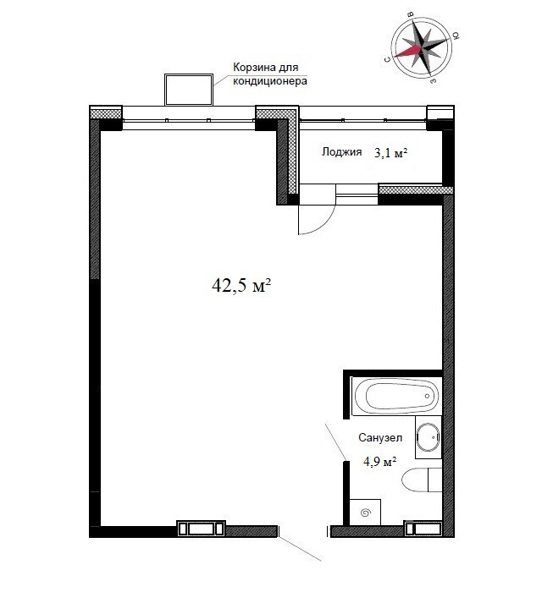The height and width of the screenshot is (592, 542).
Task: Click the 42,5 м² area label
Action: [241, 286]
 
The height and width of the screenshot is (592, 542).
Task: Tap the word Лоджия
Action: [341, 151]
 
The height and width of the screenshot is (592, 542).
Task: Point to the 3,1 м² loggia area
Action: [390, 153]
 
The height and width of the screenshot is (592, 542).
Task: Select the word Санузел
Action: [380, 437]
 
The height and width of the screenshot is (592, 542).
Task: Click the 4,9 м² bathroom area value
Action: [380, 462]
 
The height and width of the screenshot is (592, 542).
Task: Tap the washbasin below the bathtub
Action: [429, 437]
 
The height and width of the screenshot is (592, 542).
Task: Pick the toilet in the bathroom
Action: [422, 480]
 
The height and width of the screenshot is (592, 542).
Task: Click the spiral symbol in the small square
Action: [366, 513]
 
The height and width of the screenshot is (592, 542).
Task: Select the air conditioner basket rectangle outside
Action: [189, 90]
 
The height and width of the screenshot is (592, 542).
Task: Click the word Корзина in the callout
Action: [250, 68]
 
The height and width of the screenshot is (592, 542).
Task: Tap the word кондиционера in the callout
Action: [270, 81]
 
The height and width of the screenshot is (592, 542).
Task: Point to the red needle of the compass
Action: [408, 52]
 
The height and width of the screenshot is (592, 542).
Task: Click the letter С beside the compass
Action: [387, 59]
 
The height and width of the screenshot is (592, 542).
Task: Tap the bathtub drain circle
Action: [427, 396]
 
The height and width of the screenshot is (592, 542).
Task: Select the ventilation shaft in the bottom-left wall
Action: [201, 529]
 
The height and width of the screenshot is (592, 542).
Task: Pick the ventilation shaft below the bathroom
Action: [423, 529]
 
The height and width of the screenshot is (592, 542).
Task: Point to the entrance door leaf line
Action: [301, 549]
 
